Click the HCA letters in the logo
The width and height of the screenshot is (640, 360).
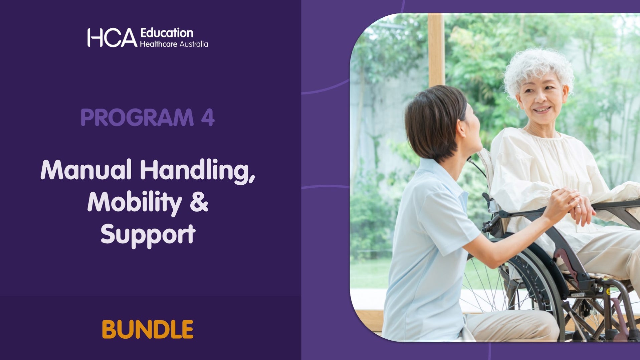click(112, 38)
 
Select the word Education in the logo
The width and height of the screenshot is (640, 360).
click(167, 33)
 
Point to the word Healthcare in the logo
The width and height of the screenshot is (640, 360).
click(158, 44)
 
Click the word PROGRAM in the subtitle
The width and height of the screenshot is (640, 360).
click(137, 118)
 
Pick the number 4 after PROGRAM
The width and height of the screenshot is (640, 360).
click(208, 118)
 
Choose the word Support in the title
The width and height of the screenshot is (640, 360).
click(148, 234)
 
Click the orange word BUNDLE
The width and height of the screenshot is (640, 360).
click(148, 329)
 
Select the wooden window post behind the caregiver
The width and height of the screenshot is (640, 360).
click(436, 50)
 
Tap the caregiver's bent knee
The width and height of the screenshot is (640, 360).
click(534, 324)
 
